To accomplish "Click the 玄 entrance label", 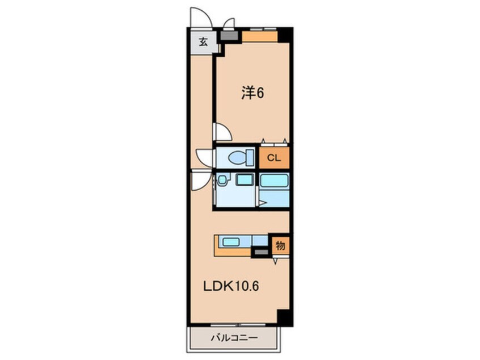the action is click(203, 41).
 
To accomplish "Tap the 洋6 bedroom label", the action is click(252, 93).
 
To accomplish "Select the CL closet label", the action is click(273, 158).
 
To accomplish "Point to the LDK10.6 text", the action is click(231, 286).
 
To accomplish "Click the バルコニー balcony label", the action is click(234, 338).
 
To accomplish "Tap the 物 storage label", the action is click(280, 245).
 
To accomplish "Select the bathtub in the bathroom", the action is click(274, 180).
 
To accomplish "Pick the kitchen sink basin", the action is click(231, 242).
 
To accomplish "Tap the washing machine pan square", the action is click(245, 179).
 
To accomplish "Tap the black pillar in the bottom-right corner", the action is click(285, 318).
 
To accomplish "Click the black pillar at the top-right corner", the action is click(285, 35).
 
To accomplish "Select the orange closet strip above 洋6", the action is click(260, 36).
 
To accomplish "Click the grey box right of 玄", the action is click(229, 35).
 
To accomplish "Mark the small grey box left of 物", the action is click(261, 253).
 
